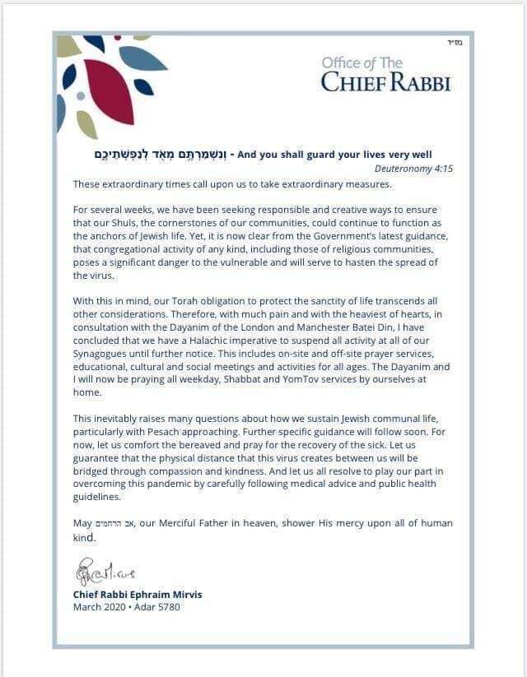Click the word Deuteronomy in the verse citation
click(403, 169)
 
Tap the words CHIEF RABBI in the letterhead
click(385, 82)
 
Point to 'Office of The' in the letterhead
click(361, 63)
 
